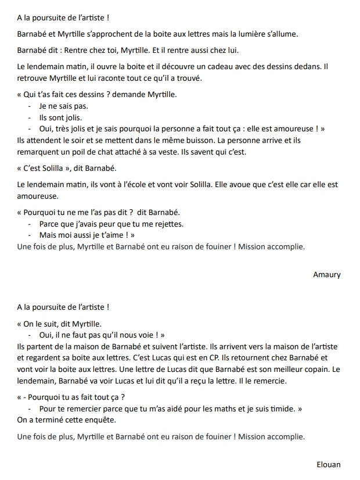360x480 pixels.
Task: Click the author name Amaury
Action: (326, 274)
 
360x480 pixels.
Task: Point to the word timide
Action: (287, 409)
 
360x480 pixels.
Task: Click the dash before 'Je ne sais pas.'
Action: (29, 106)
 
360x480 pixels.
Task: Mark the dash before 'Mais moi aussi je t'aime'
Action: (29, 235)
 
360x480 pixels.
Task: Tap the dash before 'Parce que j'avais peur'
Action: (29, 224)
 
